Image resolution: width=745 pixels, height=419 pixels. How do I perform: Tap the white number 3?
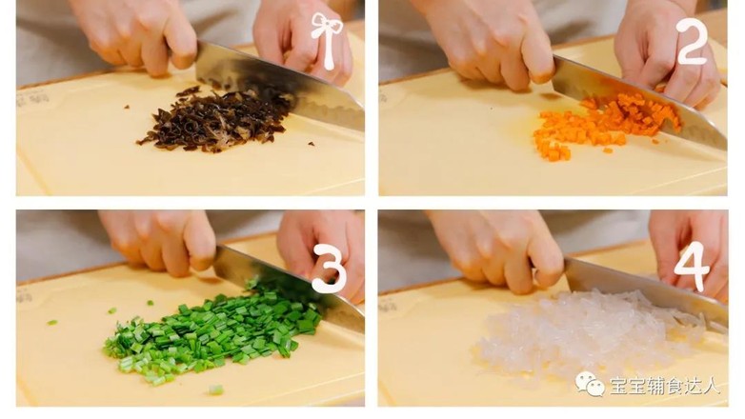click(330, 269)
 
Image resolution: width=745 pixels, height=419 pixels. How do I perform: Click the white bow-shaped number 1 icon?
click(327, 40)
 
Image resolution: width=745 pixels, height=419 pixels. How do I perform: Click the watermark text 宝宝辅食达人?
click(665, 386)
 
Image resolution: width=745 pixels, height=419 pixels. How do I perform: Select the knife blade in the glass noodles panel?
click(646, 289)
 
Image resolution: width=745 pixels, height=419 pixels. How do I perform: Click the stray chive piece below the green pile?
click(215, 390)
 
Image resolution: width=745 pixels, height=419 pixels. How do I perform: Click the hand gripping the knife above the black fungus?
click(138, 33)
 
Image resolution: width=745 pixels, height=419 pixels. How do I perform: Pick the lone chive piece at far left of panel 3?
click(52, 323)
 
